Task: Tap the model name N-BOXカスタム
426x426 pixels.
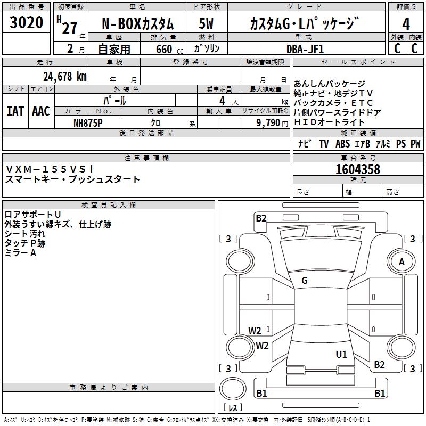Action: pyautogui.click(x=137, y=24)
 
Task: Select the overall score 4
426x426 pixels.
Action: pyautogui.click(x=406, y=24)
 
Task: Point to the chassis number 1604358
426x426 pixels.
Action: pyautogui.click(x=358, y=169)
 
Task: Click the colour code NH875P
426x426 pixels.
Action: pyautogui.click(x=88, y=122)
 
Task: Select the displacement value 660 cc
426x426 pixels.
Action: pyautogui.click(x=165, y=49)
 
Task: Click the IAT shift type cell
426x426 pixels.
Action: pyautogui.click(x=15, y=111)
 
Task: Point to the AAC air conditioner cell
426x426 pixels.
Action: pyautogui.click(x=40, y=111)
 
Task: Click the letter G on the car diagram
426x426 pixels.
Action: pyautogui.click(x=305, y=281)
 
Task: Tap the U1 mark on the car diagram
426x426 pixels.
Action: pyautogui.click(x=341, y=354)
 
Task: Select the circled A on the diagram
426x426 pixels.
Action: pyautogui.click(x=402, y=262)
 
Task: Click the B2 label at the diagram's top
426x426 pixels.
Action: pyautogui.click(x=261, y=218)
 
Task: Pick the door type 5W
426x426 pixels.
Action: pyautogui.click(x=206, y=24)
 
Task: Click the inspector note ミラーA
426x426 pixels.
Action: pyautogui.click(x=21, y=253)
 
